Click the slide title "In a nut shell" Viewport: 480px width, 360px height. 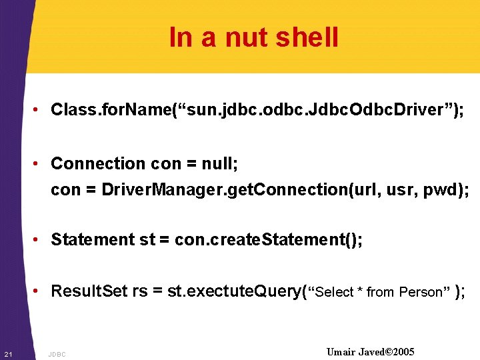coord(253,37)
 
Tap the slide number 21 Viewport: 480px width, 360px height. coord(7,353)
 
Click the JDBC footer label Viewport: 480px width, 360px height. coord(57,354)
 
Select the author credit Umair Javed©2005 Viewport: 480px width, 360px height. coord(371,352)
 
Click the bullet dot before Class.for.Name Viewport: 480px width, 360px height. coord(41,110)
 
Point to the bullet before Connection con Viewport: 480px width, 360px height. coord(41,164)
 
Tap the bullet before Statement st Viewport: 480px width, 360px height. coord(41,240)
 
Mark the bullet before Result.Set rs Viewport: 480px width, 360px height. coord(41,292)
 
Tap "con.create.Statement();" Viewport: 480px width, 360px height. coord(269,239)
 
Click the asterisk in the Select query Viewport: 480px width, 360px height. coord(360,292)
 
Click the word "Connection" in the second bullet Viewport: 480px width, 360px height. coord(97,163)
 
